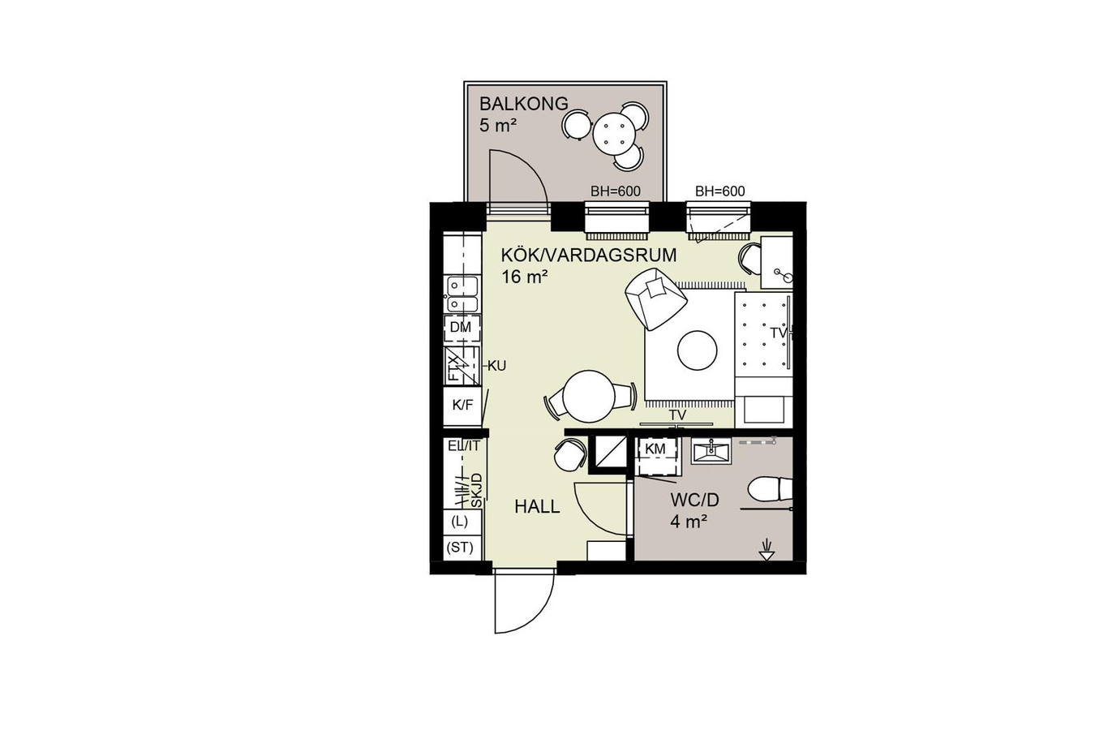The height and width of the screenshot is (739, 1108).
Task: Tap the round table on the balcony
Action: [x=613, y=132]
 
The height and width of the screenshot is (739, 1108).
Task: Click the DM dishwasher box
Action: [x=462, y=328]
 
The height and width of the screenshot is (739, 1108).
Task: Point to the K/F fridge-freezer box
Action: [x=462, y=406]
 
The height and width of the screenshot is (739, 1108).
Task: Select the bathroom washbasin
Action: [x=711, y=451]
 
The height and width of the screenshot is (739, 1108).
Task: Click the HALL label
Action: [x=537, y=506]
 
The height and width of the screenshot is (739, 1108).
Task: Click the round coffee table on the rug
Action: [x=697, y=350]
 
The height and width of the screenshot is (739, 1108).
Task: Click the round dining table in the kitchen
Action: [x=589, y=396]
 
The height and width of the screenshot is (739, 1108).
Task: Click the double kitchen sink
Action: [x=462, y=294]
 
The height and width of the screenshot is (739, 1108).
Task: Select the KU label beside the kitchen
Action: [x=496, y=366]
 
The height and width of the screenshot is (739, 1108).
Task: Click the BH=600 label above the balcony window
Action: [x=616, y=191]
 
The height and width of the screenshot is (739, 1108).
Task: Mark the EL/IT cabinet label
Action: [x=463, y=445]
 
